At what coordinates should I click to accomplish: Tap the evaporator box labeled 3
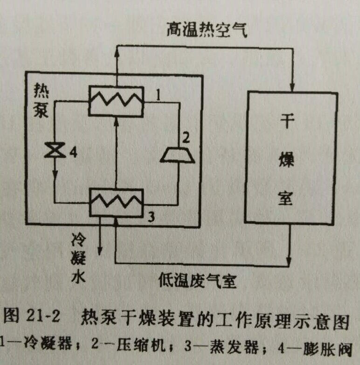(116, 203)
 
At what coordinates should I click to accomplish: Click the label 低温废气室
(195, 281)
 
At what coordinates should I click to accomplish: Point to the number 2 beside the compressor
(186, 138)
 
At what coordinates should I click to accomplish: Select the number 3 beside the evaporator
(151, 216)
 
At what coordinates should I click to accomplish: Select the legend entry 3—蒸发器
(211, 346)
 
